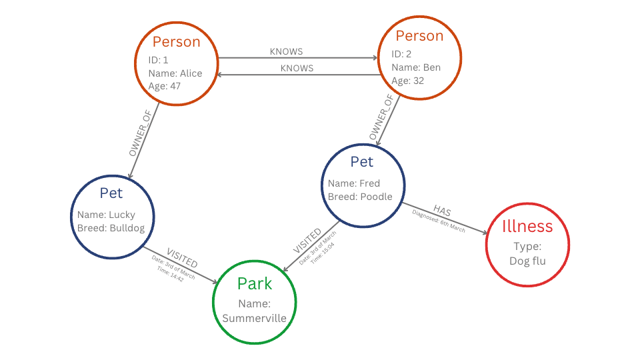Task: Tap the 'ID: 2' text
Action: point(402,54)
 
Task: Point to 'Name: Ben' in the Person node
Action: point(415,67)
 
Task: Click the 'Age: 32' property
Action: point(407,81)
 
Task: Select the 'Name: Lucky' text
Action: point(106,215)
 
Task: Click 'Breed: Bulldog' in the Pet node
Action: point(111,228)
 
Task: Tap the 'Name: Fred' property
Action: point(353,183)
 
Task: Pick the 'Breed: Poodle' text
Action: point(359,197)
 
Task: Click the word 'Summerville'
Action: point(254,318)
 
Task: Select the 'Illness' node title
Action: point(528,227)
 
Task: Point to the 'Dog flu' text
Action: point(528,261)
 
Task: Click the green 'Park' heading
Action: point(254,284)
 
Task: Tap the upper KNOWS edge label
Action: point(286,51)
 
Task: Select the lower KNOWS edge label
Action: point(297,68)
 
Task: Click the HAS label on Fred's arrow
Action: point(442,211)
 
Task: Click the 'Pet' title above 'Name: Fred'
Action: point(362,162)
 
